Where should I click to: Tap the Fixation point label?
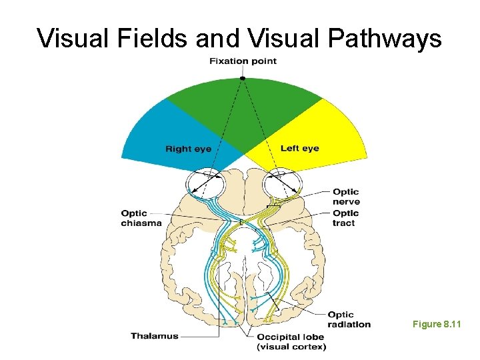coord(243,61)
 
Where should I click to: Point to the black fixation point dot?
coord(243,78)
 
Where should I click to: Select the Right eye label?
coord(188,149)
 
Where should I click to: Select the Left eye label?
coord(299,148)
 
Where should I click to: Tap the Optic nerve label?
coord(346,197)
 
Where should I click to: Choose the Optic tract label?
coord(345,218)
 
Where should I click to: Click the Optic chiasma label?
coord(141,218)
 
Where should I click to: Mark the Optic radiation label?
coord(349,319)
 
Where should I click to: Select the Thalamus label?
coord(155,336)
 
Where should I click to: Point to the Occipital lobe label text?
coord(292,337)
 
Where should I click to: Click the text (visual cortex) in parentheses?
coord(292,347)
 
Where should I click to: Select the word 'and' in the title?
coord(217,39)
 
